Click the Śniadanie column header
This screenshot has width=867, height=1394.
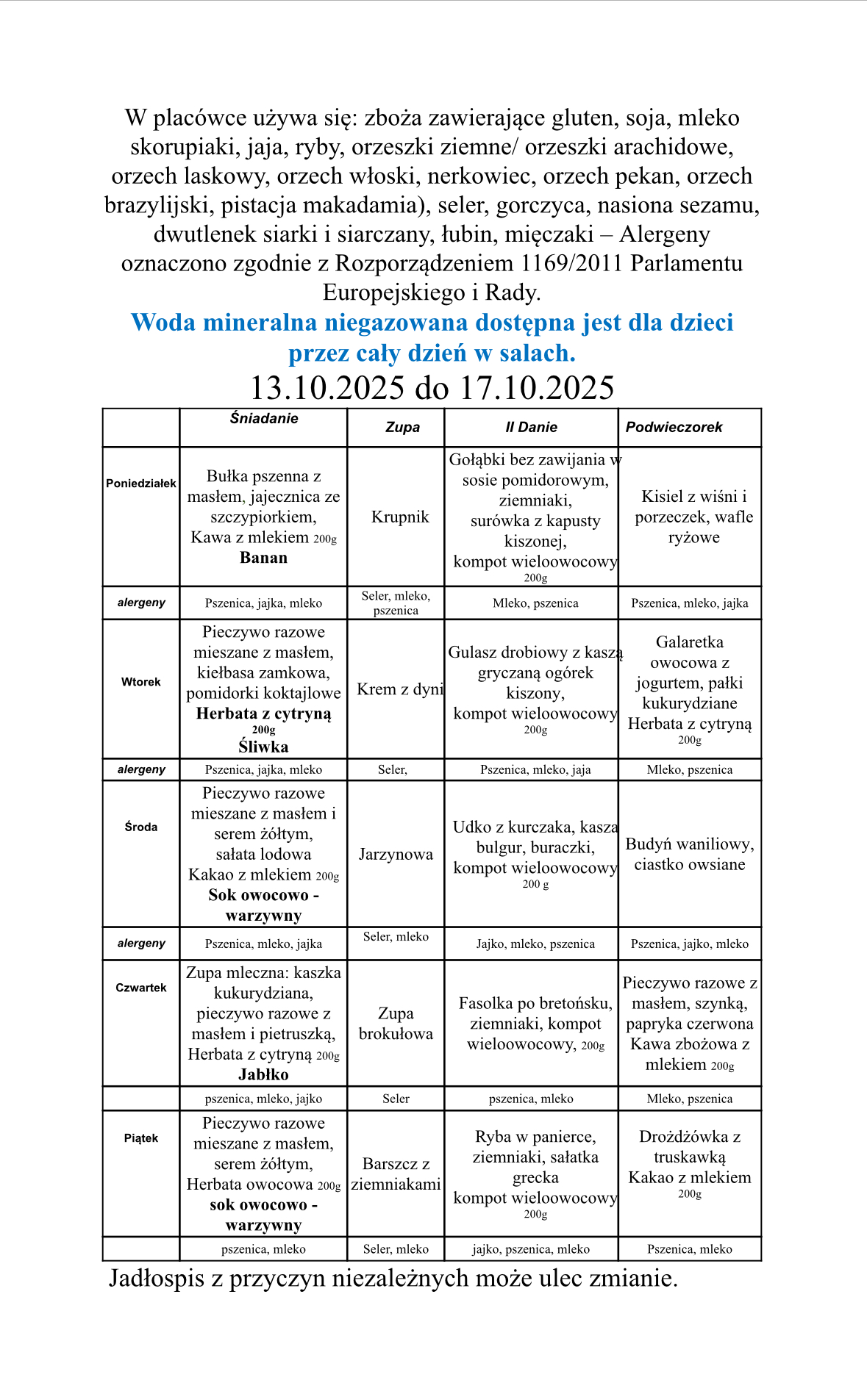[x=264, y=418]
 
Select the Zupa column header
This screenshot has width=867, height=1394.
[x=402, y=427]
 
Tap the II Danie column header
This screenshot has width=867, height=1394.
[x=531, y=427]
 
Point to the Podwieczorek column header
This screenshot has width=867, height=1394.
[x=674, y=427]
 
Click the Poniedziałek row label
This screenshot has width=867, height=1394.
[x=141, y=484]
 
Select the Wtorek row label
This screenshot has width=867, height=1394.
[x=141, y=682]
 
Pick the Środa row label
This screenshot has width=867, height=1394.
[x=141, y=827]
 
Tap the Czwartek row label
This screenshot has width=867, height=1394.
[x=141, y=988]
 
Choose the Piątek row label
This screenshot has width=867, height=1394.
[x=141, y=1138]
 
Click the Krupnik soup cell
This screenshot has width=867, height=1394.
[x=400, y=517]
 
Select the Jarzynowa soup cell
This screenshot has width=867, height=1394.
[x=396, y=854]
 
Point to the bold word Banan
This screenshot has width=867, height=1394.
[x=263, y=558]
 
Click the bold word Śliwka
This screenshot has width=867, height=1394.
[x=263, y=747]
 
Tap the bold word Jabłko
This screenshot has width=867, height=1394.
[x=263, y=1074]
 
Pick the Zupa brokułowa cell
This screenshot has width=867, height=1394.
[x=396, y=1024]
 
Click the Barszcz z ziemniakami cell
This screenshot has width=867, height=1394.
[x=396, y=1174]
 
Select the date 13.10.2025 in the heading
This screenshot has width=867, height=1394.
[x=327, y=388]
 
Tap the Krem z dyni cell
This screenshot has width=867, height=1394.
[x=400, y=689]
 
